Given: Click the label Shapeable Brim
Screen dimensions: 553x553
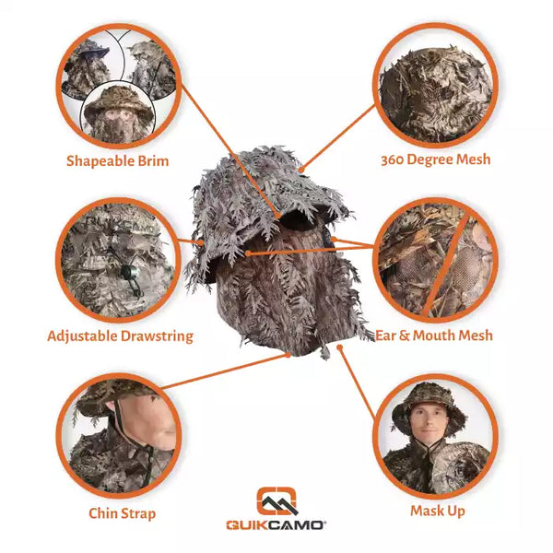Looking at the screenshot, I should (117, 160).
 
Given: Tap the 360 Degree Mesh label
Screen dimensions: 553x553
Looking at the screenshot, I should (435, 159).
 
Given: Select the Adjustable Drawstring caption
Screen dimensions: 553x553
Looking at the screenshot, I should (120, 335).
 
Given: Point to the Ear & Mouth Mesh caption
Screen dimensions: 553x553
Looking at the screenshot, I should (433, 335).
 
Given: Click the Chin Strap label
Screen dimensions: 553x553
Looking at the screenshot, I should (122, 513).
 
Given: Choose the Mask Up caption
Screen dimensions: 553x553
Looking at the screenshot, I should (437, 510).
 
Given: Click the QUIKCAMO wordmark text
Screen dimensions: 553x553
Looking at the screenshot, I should (276, 526).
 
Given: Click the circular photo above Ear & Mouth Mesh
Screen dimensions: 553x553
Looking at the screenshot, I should (436, 260).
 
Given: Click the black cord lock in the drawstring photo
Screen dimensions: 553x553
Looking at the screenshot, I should (124, 271).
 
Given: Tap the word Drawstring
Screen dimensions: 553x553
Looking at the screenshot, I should (158, 335).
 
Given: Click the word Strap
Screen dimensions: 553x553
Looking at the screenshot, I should (137, 513).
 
